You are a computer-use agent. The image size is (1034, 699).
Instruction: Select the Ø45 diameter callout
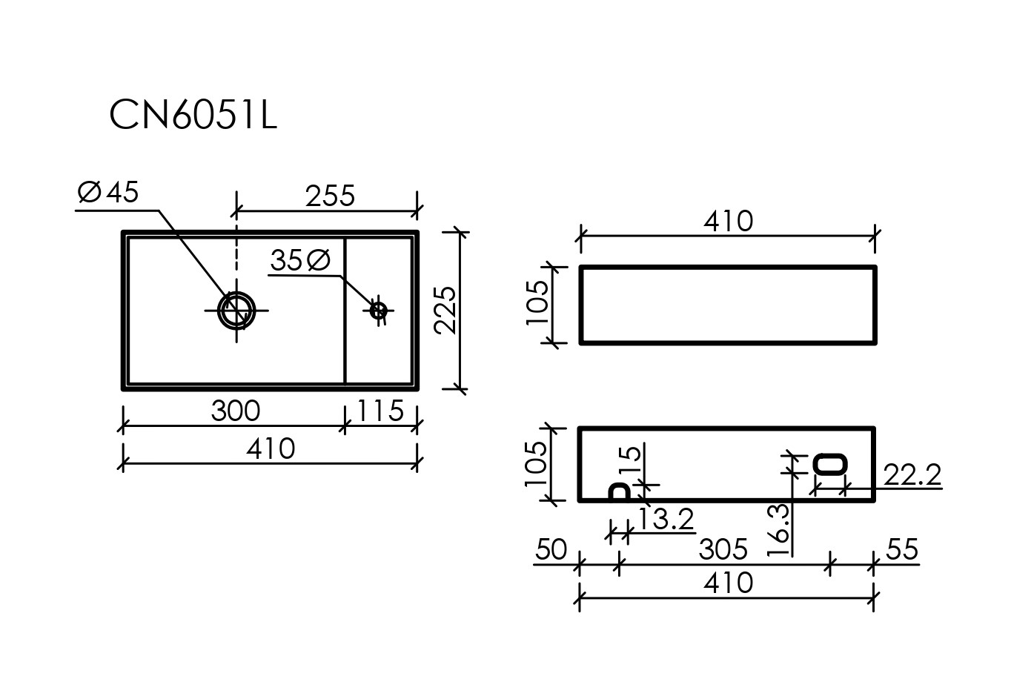pyautogui.click(x=108, y=192)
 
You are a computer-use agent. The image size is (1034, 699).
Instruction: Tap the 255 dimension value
pyautogui.click(x=330, y=196)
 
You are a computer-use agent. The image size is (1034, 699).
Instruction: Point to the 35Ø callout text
pyautogui.click(x=300, y=260)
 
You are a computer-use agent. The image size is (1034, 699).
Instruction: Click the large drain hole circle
pyautogui.click(x=236, y=311)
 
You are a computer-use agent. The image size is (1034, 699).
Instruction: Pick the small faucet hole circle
pyautogui.click(x=379, y=311)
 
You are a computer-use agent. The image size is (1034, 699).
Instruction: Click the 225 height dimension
pyautogui.click(x=445, y=311)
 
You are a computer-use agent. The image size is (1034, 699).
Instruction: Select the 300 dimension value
pyautogui.click(x=236, y=411)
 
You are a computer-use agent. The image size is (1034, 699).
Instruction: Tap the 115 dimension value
pyautogui.click(x=380, y=411)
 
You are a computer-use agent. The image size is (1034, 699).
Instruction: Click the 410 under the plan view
pyautogui.click(x=271, y=448)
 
